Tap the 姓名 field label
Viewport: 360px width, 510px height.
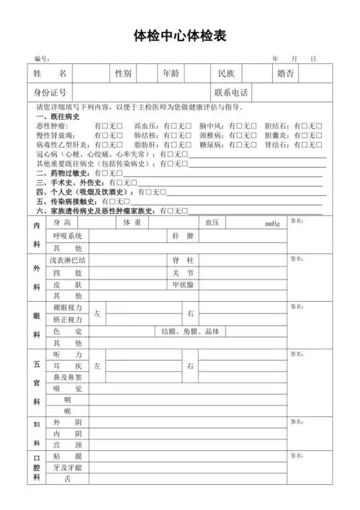[50, 73]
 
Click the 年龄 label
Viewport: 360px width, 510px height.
[171, 73]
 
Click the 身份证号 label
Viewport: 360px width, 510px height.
[50, 93]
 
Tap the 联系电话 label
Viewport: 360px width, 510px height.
[230, 93]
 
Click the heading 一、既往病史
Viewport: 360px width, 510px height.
[57, 117]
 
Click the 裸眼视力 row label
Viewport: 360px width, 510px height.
[68, 308]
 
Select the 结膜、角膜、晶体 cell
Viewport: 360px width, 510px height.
[190, 331]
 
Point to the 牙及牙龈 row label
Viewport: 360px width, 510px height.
[68, 467]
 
